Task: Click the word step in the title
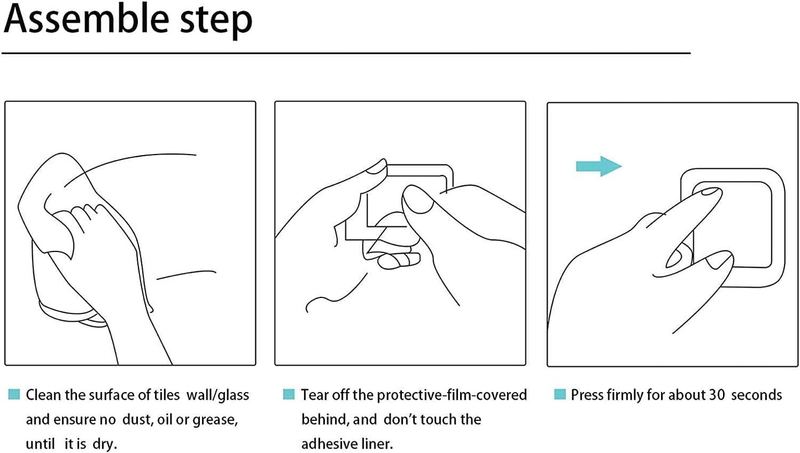point(216,22)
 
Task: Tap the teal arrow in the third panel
point(598,166)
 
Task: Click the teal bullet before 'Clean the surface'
point(14,394)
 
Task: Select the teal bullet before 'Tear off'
point(288,394)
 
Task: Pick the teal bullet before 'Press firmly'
point(560,394)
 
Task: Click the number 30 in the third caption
point(717,395)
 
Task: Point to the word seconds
point(756,395)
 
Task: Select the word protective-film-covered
point(452,395)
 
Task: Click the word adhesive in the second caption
point(328,444)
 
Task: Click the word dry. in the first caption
point(105,445)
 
